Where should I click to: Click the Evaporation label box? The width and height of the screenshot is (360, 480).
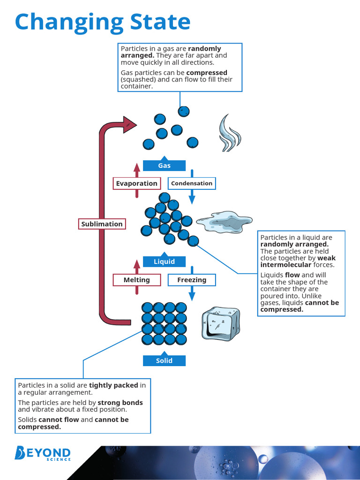pos(136,183)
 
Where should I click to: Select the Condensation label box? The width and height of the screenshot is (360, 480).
pos(192,183)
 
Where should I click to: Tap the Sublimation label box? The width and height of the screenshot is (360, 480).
pos(102,224)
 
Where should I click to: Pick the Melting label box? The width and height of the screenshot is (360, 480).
pos(136,280)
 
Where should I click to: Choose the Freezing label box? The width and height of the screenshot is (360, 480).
pos(192,280)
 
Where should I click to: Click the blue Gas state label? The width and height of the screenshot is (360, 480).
pos(164,165)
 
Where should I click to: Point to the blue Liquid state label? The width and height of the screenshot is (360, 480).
pos(164,262)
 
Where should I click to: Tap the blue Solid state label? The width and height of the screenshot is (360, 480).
pos(164,360)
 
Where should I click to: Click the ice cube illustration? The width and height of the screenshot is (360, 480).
pos(220,323)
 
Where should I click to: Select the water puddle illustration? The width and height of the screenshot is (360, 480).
pos(224,222)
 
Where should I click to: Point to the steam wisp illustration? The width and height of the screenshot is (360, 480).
pos(230,134)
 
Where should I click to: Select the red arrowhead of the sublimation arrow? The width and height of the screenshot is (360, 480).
pos(129,124)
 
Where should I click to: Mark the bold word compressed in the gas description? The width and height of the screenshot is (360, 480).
pos(207,73)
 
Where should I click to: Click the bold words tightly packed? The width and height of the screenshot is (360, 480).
pos(113,385)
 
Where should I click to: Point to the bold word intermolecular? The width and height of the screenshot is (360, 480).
pos(285,265)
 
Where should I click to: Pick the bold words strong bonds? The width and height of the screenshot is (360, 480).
pos(120,403)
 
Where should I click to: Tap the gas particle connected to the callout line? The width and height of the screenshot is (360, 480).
pos(184,111)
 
